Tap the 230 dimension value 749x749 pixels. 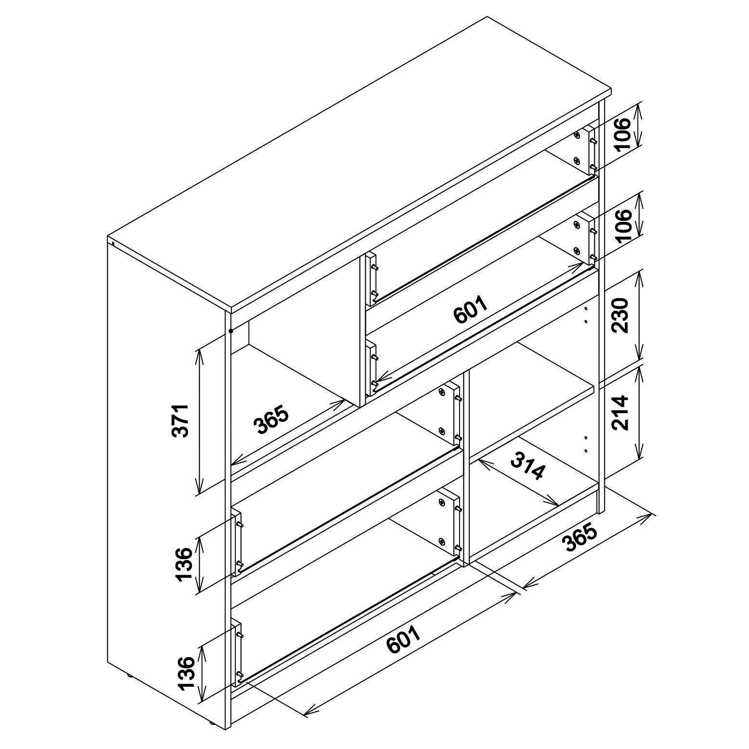[x=620, y=315]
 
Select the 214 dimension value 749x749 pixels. [x=620, y=412]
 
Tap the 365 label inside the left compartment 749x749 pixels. [x=271, y=419]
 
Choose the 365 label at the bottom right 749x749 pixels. [x=580, y=537]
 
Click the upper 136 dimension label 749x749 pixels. [x=184, y=564]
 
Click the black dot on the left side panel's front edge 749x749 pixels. [x=230, y=331]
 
